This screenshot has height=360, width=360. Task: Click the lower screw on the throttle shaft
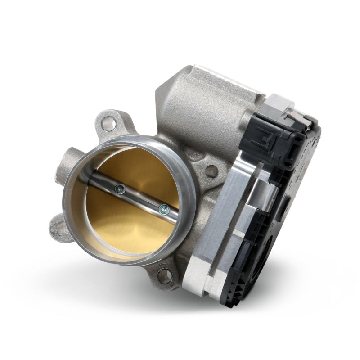163,208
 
